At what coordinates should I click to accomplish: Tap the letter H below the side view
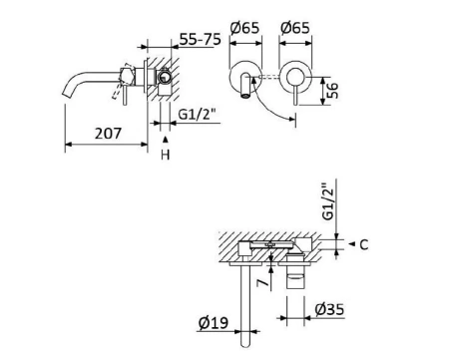coord(166,157)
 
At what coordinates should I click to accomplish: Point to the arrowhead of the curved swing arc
coord(294,121)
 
